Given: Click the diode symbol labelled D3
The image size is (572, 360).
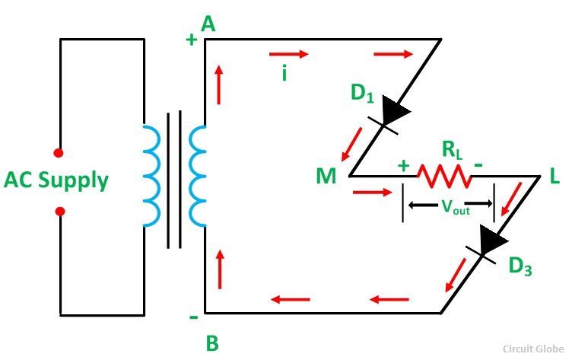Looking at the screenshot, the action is point(488,244).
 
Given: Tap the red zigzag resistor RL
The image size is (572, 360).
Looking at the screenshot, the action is point(444,176).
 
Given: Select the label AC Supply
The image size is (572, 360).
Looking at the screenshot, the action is point(56,180).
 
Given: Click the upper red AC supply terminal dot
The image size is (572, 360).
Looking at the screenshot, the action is point(59,153).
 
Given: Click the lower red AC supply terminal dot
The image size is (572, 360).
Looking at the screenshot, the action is point(60,212).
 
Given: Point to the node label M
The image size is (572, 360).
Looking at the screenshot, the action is point(326,176).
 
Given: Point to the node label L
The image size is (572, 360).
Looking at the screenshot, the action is point(554,176).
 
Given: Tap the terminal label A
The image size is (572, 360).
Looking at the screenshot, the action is point(208,25).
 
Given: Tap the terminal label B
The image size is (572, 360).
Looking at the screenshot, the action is point(212,342).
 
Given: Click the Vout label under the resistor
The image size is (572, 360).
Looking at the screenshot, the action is point(456,207).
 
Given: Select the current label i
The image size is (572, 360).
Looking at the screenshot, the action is point(284,73).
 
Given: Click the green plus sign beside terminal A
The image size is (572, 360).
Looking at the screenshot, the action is point(192,39).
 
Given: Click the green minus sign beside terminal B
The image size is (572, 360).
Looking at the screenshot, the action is point(194,317).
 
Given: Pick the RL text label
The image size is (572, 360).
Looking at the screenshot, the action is point(453,150).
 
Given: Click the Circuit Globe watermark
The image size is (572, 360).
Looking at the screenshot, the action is point(533,349).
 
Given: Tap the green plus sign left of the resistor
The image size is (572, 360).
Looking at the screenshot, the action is point(403,166).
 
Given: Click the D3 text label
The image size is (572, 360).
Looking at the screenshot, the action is point(520,266).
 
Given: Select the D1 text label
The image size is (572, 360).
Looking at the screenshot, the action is point(362,93).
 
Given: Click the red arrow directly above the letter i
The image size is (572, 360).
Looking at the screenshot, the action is point(289,54).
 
